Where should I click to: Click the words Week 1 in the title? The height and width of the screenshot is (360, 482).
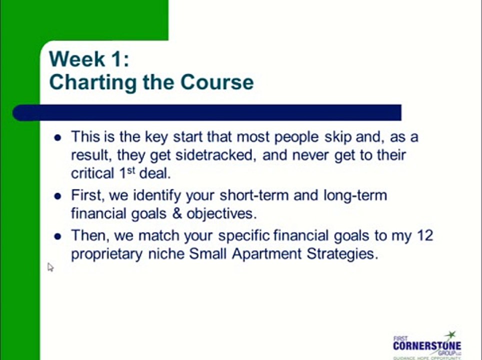(x=88, y=59)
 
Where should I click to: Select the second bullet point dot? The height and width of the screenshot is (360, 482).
(x=58, y=195)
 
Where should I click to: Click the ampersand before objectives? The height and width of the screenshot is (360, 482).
(x=175, y=213)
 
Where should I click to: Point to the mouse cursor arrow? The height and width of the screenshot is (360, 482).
(x=50, y=267)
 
